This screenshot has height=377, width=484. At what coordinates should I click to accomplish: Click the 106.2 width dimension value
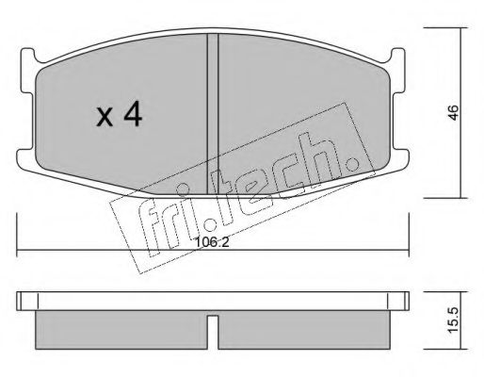click(x=212, y=242)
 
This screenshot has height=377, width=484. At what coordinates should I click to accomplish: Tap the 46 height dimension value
click(x=454, y=112)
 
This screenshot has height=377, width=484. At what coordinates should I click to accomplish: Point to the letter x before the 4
click(x=105, y=117)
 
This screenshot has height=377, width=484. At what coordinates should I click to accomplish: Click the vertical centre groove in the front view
click(x=213, y=114)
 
